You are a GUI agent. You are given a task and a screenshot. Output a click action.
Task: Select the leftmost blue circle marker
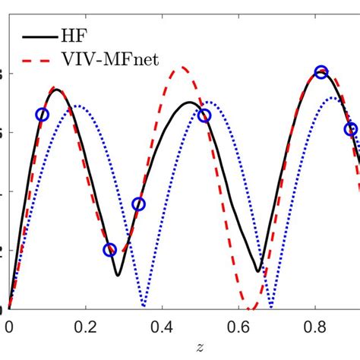point(42,115)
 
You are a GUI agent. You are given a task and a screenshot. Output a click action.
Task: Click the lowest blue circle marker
point(109,250)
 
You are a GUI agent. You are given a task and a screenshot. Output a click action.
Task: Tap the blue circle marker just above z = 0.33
point(138,204)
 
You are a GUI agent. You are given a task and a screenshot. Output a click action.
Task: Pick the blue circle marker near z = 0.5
point(204,115)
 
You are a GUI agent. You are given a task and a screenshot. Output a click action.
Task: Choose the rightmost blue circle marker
point(350,129)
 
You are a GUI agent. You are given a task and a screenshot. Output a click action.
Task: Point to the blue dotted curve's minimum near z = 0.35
point(143,306)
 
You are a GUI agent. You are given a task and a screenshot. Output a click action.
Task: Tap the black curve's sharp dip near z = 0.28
point(118,274)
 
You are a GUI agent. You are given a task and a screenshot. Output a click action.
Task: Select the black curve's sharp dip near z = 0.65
point(258,270)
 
